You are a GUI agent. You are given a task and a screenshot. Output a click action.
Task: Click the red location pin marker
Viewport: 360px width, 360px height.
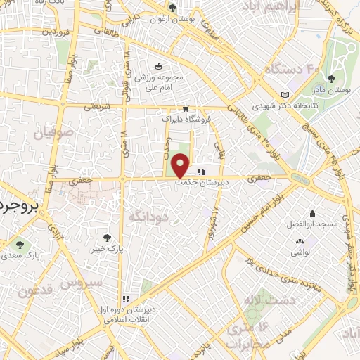181,166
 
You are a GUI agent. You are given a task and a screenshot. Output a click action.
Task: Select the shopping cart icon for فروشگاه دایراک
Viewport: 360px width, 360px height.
185,109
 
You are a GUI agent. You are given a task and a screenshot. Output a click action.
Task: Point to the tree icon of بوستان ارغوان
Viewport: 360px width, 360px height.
173,8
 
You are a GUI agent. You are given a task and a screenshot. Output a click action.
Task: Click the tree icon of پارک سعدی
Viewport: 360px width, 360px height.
20,245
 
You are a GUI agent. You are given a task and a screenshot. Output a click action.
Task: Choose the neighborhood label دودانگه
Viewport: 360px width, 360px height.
148,215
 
